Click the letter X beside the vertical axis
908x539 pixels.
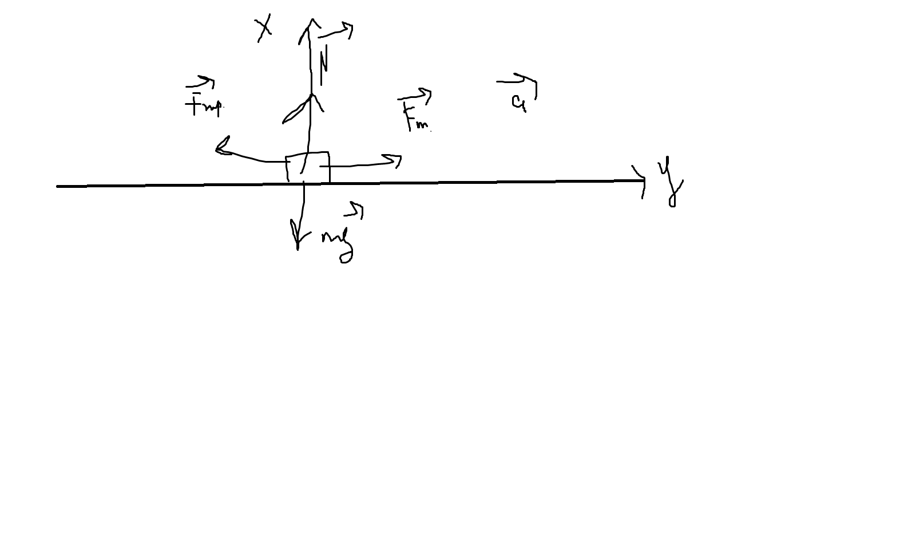point(264,28)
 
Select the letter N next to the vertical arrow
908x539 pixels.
point(324,65)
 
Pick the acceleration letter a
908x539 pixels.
point(518,102)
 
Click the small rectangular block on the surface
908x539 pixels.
point(308,167)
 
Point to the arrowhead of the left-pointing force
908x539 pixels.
point(221,148)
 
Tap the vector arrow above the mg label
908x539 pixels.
point(355,210)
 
